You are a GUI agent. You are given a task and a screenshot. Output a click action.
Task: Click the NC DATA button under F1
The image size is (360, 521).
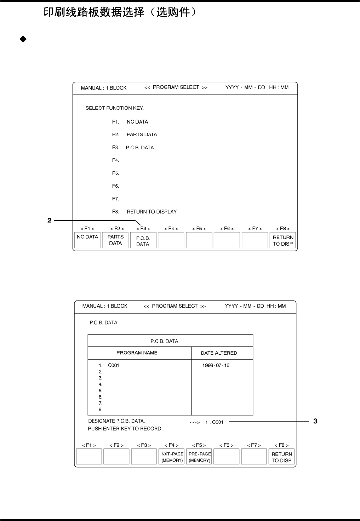click(87, 240)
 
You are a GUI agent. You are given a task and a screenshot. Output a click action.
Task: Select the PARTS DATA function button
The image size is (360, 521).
click(115, 240)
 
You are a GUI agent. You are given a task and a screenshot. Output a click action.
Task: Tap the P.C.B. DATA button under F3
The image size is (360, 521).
click(143, 241)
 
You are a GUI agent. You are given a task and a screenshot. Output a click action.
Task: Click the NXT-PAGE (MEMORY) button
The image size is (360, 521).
click(172, 457)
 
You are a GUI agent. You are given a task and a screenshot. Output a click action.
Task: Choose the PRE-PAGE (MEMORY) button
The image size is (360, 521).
click(200, 457)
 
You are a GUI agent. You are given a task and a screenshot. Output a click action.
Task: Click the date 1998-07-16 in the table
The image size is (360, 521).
click(216, 365)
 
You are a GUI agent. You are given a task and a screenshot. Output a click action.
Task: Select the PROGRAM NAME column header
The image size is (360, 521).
click(137, 353)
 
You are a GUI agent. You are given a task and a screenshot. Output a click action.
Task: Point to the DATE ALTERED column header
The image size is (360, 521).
click(219, 353)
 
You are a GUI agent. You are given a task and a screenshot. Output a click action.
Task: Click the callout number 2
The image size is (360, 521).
click(50, 221)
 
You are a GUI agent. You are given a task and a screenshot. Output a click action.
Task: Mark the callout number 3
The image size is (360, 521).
click(315, 421)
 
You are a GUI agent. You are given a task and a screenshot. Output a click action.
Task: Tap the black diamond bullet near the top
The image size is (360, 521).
click(23, 39)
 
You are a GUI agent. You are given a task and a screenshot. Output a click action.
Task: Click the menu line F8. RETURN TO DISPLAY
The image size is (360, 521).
click(144, 212)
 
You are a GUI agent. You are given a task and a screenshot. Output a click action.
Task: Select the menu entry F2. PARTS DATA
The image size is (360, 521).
click(135, 134)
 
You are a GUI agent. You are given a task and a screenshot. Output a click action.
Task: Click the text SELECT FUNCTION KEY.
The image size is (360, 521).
click(114, 108)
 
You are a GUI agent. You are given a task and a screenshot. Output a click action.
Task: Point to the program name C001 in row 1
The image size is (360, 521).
click(114, 365)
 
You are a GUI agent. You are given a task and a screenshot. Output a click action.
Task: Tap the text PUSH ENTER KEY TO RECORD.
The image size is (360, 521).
click(125, 429)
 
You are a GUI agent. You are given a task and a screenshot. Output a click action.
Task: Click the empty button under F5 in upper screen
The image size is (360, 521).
click(199, 240)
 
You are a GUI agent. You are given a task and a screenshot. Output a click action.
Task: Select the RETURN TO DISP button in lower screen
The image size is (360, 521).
click(282, 457)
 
